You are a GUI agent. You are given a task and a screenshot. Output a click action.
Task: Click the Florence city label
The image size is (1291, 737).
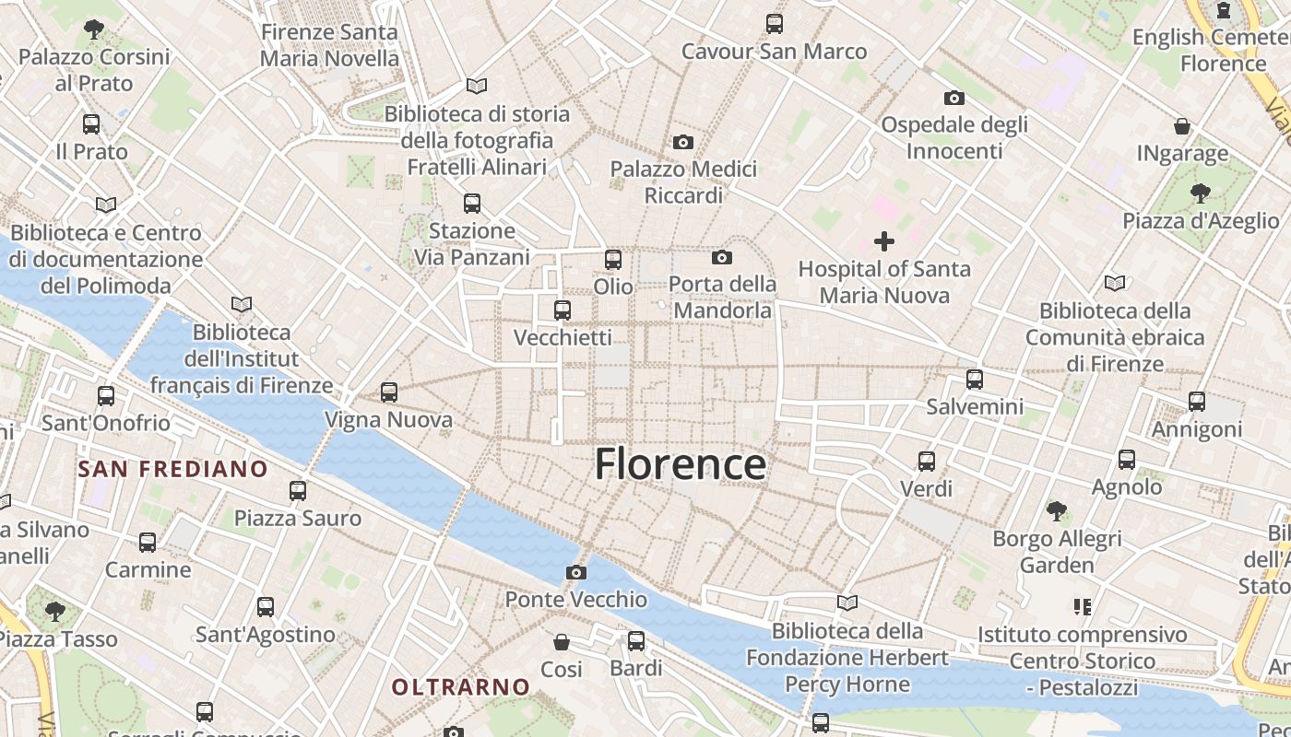[x=680, y=464]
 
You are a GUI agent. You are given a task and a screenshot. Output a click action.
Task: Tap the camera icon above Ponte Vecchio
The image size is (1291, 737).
[x=576, y=573]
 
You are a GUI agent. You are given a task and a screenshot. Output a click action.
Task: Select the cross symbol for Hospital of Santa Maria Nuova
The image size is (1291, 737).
[x=884, y=242]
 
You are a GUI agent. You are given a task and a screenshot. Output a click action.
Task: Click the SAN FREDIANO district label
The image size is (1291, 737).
[x=172, y=469]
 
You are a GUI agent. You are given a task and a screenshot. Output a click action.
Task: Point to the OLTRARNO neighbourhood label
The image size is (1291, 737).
[x=461, y=686]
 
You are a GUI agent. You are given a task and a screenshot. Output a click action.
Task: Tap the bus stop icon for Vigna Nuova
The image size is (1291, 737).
[x=389, y=392]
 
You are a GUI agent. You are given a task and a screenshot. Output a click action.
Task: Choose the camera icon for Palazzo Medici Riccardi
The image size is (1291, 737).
[x=683, y=142]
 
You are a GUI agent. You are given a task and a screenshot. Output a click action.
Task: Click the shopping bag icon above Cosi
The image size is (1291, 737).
[x=562, y=641]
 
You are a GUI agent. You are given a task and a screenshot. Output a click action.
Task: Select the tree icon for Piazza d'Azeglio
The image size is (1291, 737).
[x=1200, y=193]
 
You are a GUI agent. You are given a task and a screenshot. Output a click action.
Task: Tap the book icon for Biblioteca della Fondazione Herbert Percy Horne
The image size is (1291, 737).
[x=847, y=603]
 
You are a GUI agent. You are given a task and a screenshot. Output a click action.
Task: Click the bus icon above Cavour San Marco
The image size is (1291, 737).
[x=775, y=24]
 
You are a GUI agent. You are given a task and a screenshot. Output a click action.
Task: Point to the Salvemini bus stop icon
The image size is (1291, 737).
[x=975, y=380]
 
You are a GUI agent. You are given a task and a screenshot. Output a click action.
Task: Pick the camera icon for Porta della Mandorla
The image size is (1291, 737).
[x=722, y=257]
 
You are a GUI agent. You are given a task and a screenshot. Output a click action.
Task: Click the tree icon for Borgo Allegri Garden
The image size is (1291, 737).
[x=1057, y=510]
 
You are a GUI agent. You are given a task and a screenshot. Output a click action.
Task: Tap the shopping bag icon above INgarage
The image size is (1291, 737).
[x=1182, y=126]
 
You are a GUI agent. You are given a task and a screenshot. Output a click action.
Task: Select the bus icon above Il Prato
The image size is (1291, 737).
[x=91, y=124]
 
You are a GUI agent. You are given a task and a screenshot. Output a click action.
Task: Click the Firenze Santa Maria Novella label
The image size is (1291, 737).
[x=329, y=45]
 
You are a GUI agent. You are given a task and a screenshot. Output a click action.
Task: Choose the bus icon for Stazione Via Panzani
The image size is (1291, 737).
[x=472, y=204]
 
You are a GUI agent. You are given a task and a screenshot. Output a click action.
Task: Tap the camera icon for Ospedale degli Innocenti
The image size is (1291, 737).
[x=954, y=98]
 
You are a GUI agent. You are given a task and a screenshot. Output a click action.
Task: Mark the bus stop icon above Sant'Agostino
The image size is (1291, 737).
[x=266, y=607]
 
